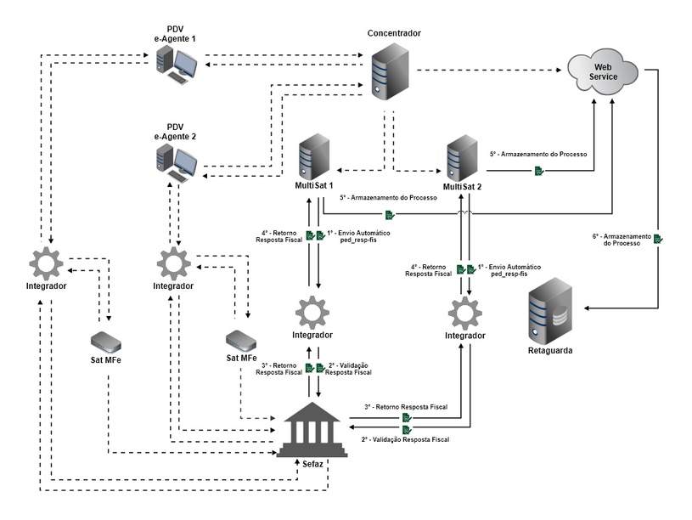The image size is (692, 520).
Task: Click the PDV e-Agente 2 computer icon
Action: coord(177,161)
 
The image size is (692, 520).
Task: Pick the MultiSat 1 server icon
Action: coord(314,156)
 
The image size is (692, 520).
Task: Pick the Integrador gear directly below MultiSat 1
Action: coord(312,312)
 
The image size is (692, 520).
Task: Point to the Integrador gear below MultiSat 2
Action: coord(464,313)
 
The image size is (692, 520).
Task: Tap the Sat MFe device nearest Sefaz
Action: coord(241,341)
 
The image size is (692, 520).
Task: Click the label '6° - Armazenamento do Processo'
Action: coord(622,240)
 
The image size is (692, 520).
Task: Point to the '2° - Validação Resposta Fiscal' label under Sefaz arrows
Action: coord(405,439)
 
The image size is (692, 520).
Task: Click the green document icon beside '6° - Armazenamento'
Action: coord(658,240)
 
